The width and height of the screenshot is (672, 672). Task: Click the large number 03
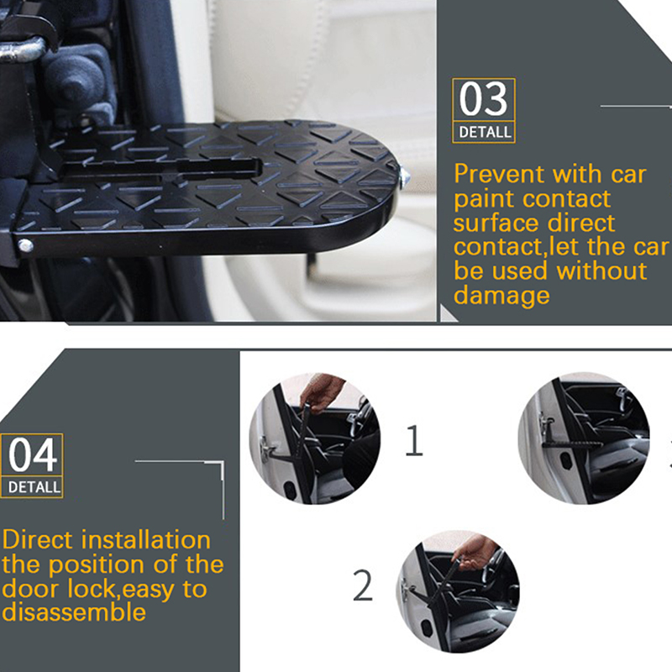484,99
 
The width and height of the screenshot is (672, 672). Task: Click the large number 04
33,454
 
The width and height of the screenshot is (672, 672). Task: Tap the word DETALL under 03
485,132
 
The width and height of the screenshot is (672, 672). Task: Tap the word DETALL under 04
34,487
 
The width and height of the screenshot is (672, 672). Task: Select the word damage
501,296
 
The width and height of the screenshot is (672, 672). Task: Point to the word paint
484,200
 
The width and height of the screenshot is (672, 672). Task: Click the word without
601,270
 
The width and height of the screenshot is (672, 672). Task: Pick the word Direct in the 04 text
37,539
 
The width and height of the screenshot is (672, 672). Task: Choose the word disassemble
74,612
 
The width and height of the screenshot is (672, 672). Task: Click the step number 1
413,440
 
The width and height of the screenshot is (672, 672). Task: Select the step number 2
363,585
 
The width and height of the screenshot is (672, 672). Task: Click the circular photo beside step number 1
315,438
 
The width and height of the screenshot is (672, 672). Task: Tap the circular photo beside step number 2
458,591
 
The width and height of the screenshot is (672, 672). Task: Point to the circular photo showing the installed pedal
584,438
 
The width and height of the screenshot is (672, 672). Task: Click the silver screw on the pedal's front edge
25,245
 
